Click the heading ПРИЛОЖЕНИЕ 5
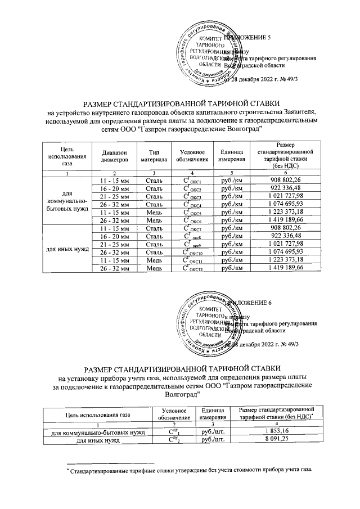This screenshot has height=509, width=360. [247, 38]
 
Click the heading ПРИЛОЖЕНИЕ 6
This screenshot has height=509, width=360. [247, 302]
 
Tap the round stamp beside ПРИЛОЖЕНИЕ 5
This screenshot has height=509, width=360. [205, 55]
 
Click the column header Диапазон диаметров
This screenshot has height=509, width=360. [115, 156]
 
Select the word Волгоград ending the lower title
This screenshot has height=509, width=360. [180, 395]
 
